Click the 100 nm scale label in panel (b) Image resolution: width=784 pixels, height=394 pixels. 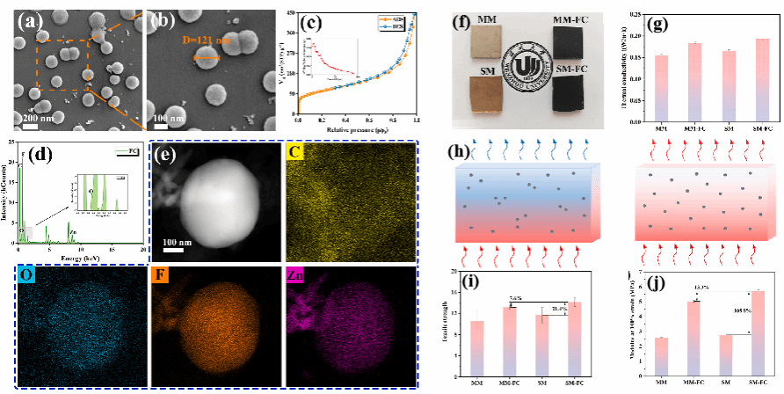point(166,117)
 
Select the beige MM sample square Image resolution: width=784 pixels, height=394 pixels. point(482,41)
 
